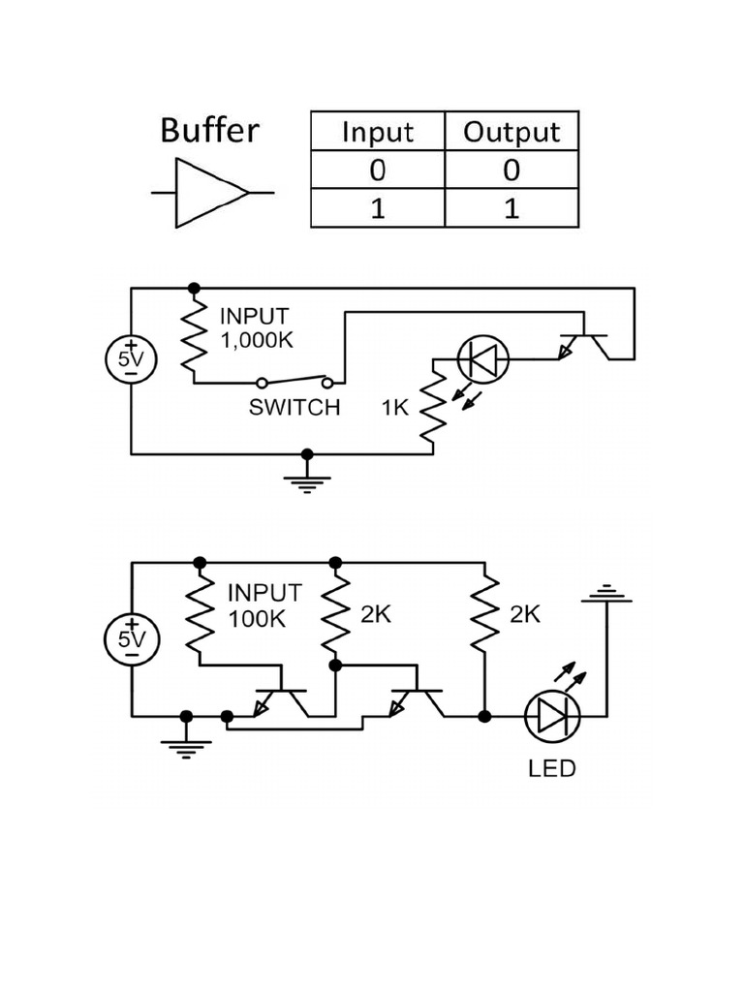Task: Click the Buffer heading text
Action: pyautogui.click(x=209, y=130)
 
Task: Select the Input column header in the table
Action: pyautogui.click(x=377, y=132)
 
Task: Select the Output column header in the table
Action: pyautogui.click(x=511, y=132)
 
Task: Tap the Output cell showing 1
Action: pyautogui.click(x=511, y=208)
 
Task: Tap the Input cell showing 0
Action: pyautogui.click(x=377, y=170)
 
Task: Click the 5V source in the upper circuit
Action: pyautogui.click(x=131, y=358)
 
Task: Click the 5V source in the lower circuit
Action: pyautogui.click(x=131, y=638)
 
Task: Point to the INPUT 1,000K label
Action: pyautogui.click(x=254, y=327)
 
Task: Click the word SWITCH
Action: pyautogui.click(x=294, y=408)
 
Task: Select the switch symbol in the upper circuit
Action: pyautogui.click(x=294, y=381)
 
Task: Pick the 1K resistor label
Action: pyautogui.click(x=395, y=408)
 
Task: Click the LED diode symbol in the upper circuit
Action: pyautogui.click(x=482, y=359)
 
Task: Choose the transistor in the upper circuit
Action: pyautogui.click(x=584, y=344)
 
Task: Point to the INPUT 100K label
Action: pyautogui.click(x=264, y=605)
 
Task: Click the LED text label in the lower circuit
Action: pyautogui.click(x=551, y=769)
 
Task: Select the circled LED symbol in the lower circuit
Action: pyautogui.click(x=552, y=717)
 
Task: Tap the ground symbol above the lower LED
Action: pyautogui.click(x=606, y=593)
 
